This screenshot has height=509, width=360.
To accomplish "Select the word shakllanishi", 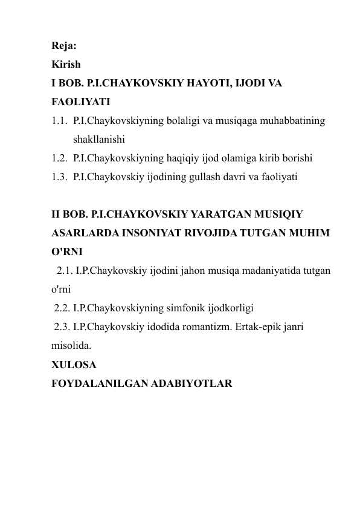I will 98,139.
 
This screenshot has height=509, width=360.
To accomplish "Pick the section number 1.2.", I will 59,158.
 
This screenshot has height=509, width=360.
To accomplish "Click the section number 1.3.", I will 59,177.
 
